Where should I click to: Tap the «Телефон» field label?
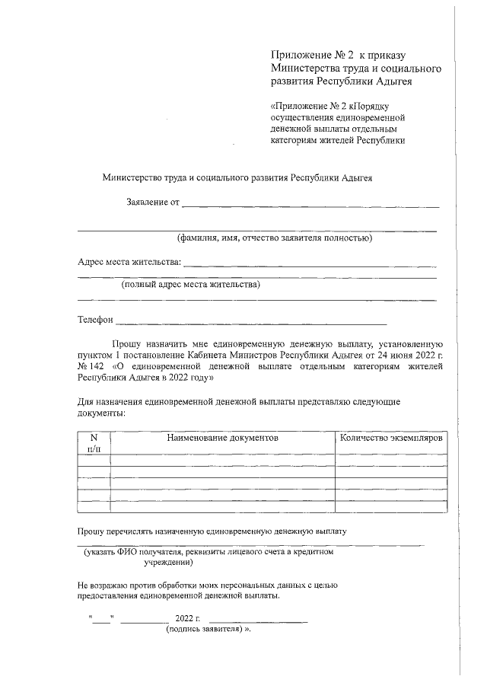click(x=95, y=321)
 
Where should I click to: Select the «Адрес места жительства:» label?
click(x=129, y=263)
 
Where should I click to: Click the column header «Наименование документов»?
click(x=223, y=439)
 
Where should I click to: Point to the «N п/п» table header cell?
click(x=94, y=444)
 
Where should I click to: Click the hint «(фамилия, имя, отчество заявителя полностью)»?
click(x=274, y=238)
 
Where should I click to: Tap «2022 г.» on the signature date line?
click(x=187, y=617)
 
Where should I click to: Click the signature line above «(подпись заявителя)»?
click(x=258, y=622)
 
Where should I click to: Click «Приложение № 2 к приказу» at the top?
click(x=339, y=56)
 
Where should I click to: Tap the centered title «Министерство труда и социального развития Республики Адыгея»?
click(x=237, y=177)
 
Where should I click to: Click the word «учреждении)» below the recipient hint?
click(x=168, y=563)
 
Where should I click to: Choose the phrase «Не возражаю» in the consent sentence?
click(x=103, y=585)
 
